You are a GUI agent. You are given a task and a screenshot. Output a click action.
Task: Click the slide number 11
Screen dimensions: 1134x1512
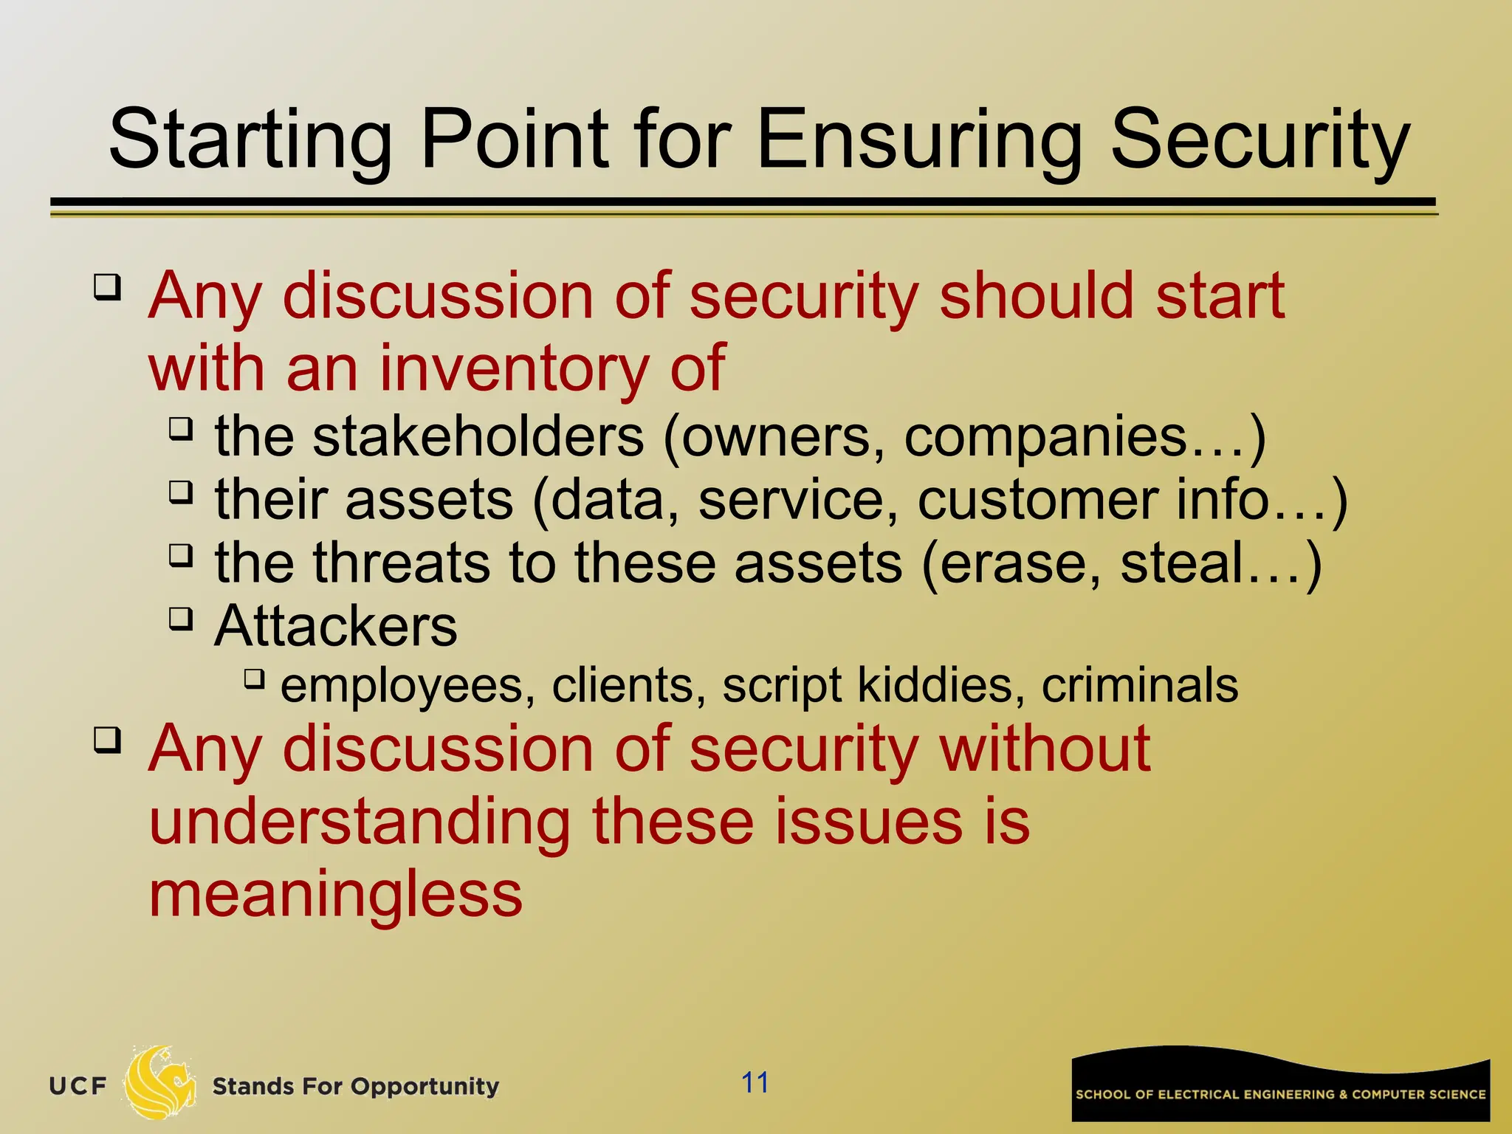[x=755, y=1082]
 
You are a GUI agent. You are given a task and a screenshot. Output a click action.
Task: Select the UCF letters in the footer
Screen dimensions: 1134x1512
[x=78, y=1086]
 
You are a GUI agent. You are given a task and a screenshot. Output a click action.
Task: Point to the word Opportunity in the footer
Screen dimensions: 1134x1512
[x=425, y=1087]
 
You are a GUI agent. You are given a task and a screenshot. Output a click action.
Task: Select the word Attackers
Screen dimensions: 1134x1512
[x=336, y=626]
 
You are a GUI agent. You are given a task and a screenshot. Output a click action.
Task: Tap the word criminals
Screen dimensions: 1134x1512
[x=1140, y=685]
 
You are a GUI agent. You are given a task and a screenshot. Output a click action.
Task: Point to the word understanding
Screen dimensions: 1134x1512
[x=360, y=822]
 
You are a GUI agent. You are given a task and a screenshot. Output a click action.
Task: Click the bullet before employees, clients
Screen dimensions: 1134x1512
[x=254, y=678]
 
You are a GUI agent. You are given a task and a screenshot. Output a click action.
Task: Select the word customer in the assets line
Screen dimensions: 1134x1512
[x=1037, y=500]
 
